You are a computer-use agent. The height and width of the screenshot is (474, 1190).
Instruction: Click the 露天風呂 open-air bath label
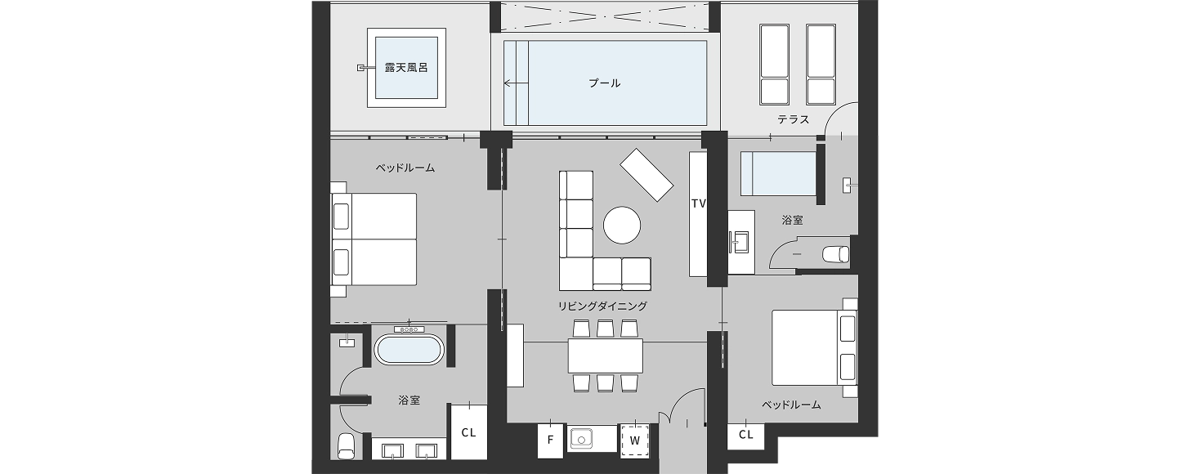tap(406, 68)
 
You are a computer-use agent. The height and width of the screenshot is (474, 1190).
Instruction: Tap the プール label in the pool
tap(605, 83)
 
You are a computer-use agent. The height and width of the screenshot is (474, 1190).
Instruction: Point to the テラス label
tap(793, 119)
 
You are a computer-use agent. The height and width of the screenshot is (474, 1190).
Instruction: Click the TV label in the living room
tap(699, 203)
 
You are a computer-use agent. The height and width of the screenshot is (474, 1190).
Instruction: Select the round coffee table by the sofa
tap(621, 225)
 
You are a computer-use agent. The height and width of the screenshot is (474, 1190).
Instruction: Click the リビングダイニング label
tap(602, 306)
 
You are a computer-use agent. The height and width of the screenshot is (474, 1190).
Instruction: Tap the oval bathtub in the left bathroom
tap(409, 349)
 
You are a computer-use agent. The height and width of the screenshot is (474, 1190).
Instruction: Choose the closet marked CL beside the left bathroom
tap(468, 432)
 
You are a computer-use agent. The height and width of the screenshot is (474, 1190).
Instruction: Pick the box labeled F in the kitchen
tap(550, 440)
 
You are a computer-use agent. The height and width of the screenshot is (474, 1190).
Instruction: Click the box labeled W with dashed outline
tap(635, 440)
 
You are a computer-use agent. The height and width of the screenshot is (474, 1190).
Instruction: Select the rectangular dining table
tap(605, 355)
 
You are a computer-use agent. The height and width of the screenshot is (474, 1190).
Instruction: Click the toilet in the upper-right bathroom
tap(835, 254)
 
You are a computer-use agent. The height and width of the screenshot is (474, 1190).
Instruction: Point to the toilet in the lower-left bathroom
tap(347, 446)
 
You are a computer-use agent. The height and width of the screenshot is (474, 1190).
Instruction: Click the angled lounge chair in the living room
tap(646, 174)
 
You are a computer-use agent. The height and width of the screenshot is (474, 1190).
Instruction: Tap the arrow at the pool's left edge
tap(516, 83)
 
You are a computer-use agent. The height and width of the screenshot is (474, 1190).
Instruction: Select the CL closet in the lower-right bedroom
tap(746, 435)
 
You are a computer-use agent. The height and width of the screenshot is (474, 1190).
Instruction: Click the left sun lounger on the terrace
tap(775, 65)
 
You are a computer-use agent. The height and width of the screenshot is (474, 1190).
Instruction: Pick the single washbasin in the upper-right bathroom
tap(740, 242)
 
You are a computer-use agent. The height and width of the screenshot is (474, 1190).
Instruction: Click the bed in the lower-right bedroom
tap(814, 347)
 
